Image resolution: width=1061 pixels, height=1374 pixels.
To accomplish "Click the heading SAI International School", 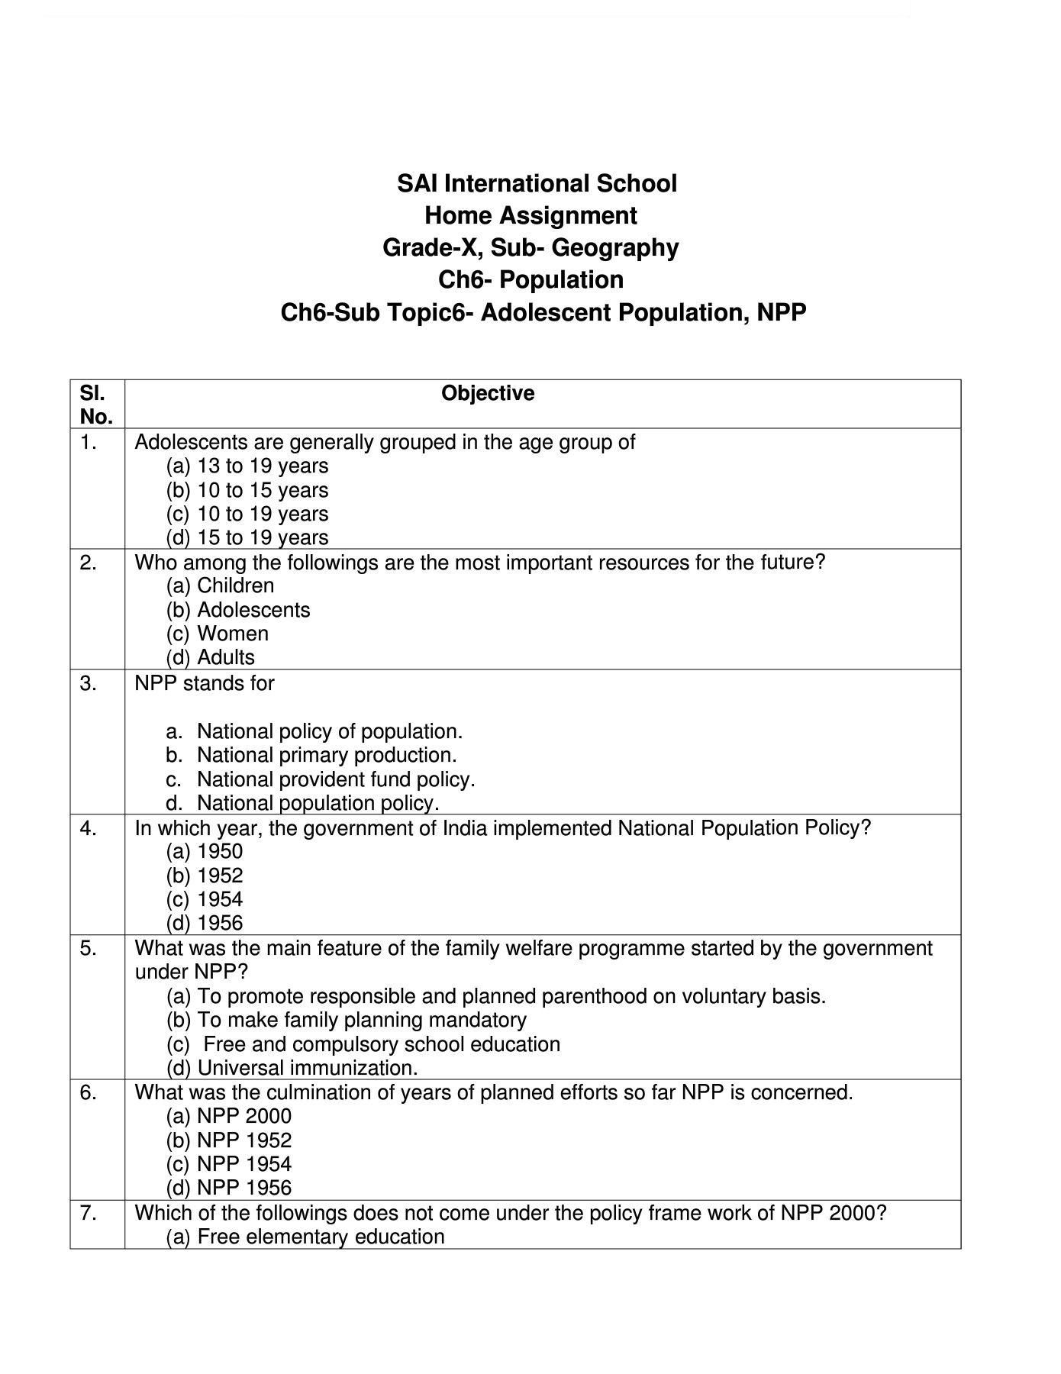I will pos(537,184).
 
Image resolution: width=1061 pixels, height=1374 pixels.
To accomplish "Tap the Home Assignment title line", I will pos(530,216).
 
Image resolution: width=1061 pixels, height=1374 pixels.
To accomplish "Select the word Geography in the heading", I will pos(614,248).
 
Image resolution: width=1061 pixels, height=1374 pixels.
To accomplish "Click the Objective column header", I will pos(488,394).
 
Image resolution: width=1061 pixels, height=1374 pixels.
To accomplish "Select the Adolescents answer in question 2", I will pos(253,611).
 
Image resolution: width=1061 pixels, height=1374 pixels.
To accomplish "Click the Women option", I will pos(232,634).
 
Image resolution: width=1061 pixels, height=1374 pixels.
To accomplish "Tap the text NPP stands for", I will pos(205,683).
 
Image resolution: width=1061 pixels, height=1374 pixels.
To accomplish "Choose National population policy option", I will pos(318,803).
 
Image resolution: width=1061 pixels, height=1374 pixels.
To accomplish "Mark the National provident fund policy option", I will pos(335,779).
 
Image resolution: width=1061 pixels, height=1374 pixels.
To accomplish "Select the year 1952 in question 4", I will pos(220,876).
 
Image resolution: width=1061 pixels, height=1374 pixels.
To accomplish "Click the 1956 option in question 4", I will pos(220,924).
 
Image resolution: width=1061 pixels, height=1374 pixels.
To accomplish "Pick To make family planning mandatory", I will pos(361,1021).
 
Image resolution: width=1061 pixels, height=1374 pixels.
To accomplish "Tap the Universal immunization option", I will pos(307,1068).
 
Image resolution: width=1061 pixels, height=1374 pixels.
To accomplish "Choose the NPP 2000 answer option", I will pos(243,1117).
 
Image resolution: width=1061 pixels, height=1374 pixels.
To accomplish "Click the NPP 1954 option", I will pos(243,1164).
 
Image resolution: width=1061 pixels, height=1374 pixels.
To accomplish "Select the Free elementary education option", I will pos(321,1237).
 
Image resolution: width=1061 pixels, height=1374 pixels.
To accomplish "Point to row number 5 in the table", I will pos(89,949).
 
